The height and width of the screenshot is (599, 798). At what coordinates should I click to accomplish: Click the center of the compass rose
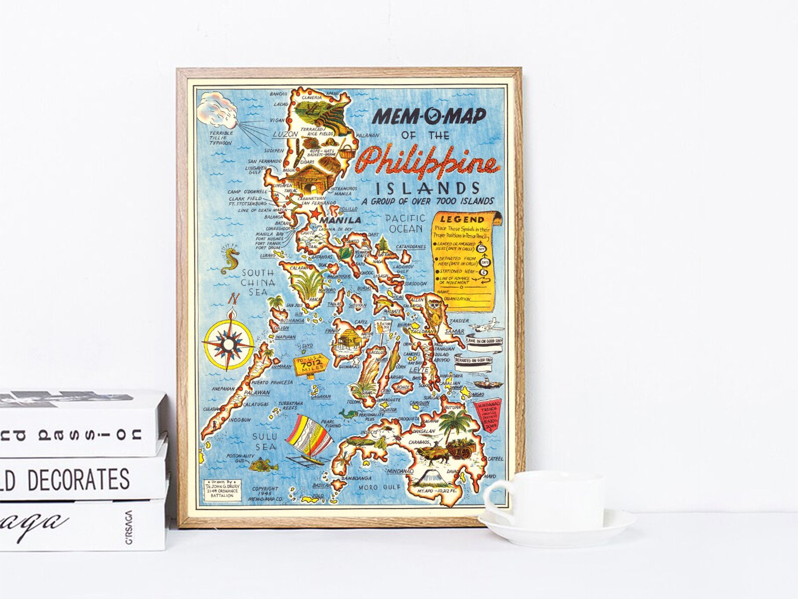pyautogui.click(x=228, y=344)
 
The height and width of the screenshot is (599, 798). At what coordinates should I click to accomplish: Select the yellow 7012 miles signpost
pyautogui.click(x=308, y=364)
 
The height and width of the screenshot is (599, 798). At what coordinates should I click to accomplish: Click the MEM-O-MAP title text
pyautogui.click(x=429, y=116)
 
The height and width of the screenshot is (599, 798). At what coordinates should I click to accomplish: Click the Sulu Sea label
pyautogui.click(x=264, y=442)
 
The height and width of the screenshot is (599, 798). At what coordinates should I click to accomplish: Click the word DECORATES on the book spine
pyautogui.click(x=78, y=479)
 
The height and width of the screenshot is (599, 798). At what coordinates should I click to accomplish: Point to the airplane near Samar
pyautogui.click(x=487, y=325)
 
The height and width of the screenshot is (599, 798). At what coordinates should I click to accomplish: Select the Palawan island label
pyautogui.click(x=257, y=392)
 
